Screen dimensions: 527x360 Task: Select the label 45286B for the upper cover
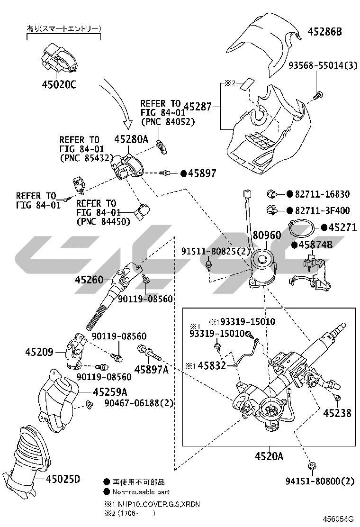click(x=325, y=32)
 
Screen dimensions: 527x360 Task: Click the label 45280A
click(x=131, y=139)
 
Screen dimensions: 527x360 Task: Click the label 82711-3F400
click(x=322, y=210)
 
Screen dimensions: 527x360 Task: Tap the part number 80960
click(x=266, y=235)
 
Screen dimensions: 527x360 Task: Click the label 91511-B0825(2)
click(x=215, y=251)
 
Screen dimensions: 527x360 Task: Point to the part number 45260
click(x=89, y=280)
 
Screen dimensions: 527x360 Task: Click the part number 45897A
click(x=152, y=369)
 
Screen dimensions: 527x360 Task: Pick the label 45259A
click(x=110, y=392)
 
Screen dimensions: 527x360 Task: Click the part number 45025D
click(x=63, y=479)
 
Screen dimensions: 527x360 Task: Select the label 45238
click(x=337, y=413)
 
